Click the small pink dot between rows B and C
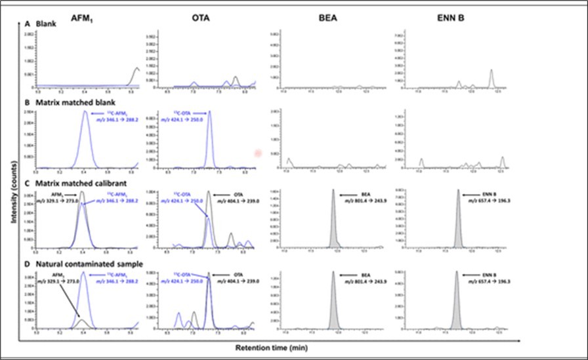click(x=257, y=153)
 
